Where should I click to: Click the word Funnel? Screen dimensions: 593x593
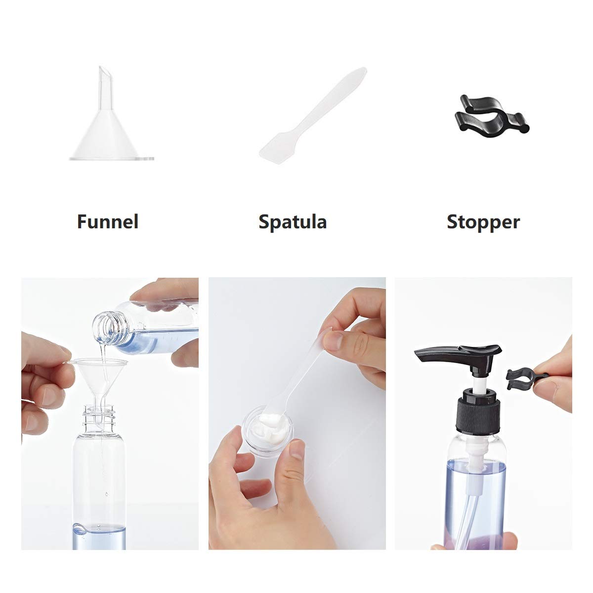[107, 221]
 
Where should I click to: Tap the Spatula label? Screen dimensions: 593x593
[293, 222]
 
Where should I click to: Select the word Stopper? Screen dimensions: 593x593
[483, 221]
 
